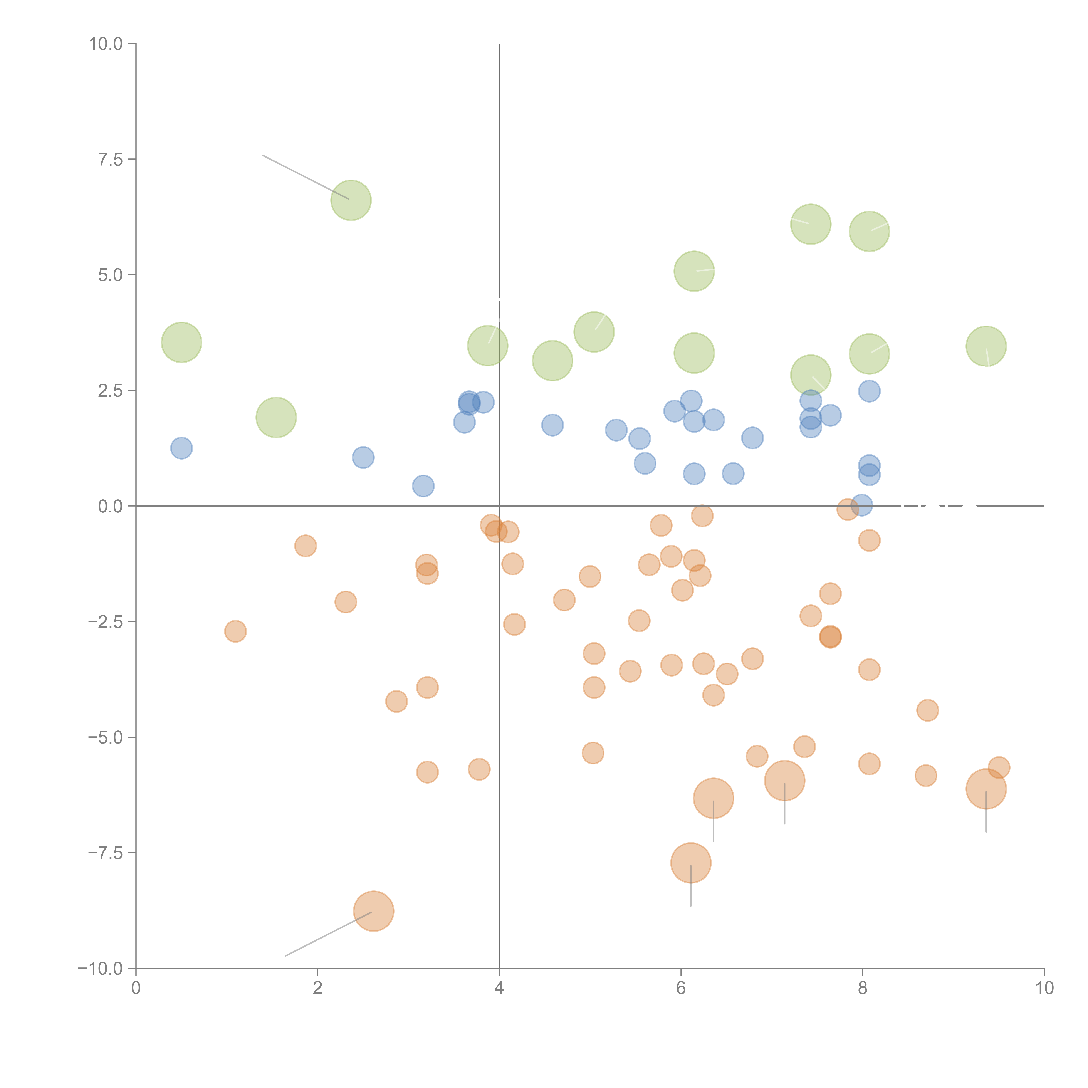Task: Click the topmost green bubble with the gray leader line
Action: click(x=351, y=200)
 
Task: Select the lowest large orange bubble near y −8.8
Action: click(x=373, y=911)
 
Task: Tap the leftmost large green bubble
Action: click(x=181, y=342)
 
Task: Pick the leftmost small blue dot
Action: click(x=181, y=448)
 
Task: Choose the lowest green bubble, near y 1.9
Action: click(x=276, y=417)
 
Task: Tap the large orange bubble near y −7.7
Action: click(x=691, y=863)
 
